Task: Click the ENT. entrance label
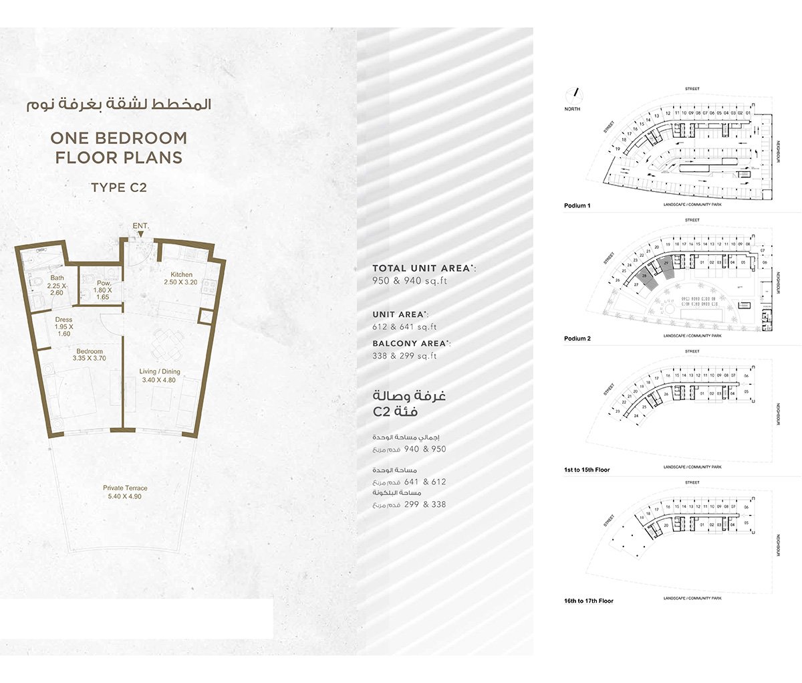140,226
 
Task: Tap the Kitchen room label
181,275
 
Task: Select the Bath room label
57,278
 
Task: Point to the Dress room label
64,320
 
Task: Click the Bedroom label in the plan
90,352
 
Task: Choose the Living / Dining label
160,372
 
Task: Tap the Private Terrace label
125,488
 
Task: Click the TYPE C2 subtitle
118,188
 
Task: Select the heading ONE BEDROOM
119,138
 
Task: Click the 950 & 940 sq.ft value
409,281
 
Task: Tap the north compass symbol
573,95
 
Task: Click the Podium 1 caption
577,206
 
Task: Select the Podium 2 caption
577,338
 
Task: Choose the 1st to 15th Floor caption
587,470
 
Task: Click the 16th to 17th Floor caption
588,601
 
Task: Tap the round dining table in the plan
164,345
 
